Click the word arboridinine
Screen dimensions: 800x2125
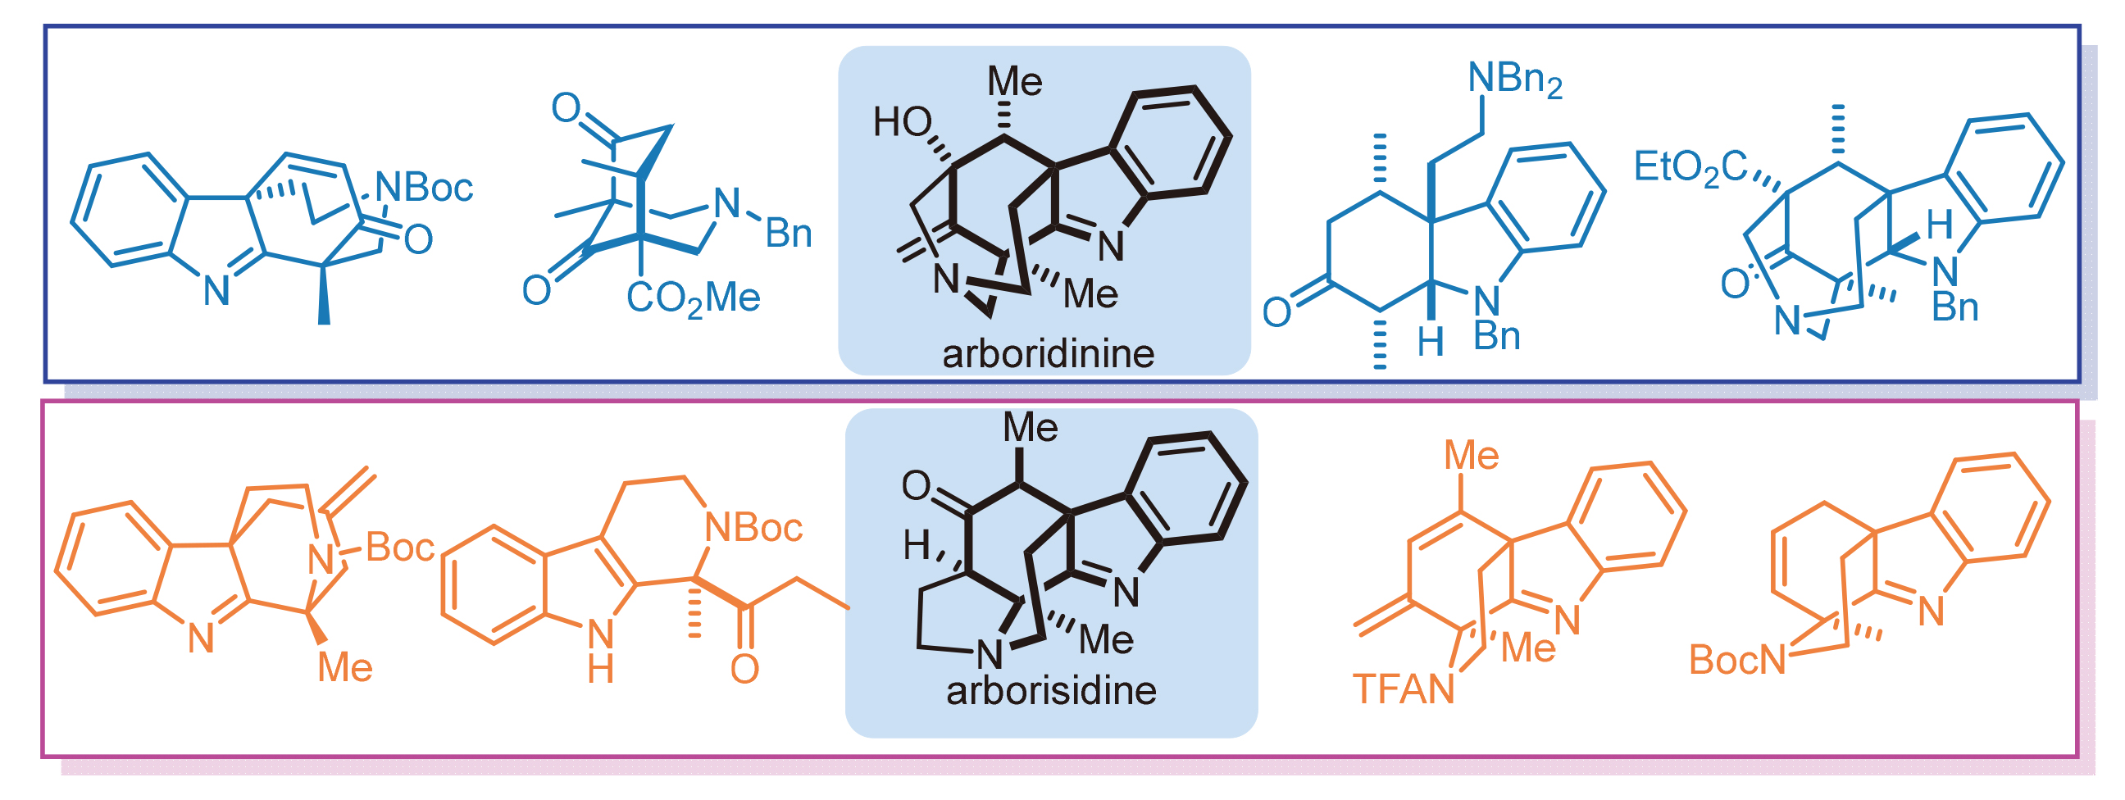[x=1048, y=355]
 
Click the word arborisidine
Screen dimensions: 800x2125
[x=1051, y=691]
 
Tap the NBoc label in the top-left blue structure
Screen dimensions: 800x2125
[x=424, y=188]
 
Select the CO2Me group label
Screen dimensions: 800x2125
[x=693, y=298]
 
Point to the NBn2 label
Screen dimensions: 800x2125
[x=1514, y=80]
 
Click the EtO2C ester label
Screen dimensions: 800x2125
[x=1690, y=168]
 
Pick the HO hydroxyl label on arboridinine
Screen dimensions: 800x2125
[x=903, y=123]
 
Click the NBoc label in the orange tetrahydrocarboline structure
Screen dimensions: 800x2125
[x=754, y=528]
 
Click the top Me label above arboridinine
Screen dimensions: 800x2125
[x=1015, y=82]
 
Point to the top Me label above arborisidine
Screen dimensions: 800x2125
[x=1031, y=427]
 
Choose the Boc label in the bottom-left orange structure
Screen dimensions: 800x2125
[x=400, y=548]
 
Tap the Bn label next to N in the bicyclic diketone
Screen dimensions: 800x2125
[x=789, y=234]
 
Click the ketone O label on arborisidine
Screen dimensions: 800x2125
[x=916, y=486]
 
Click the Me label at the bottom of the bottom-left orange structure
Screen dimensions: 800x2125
[x=345, y=668]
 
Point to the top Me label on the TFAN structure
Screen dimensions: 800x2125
[x=1471, y=455]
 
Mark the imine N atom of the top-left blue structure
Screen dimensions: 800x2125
[x=216, y=291]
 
